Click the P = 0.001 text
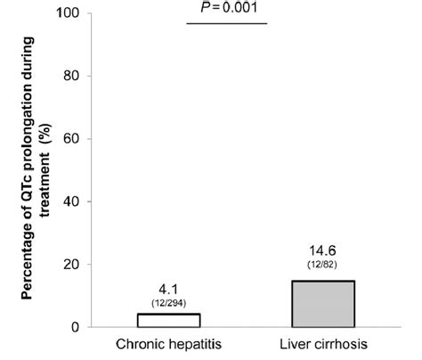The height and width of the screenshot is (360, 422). point(229,8)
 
